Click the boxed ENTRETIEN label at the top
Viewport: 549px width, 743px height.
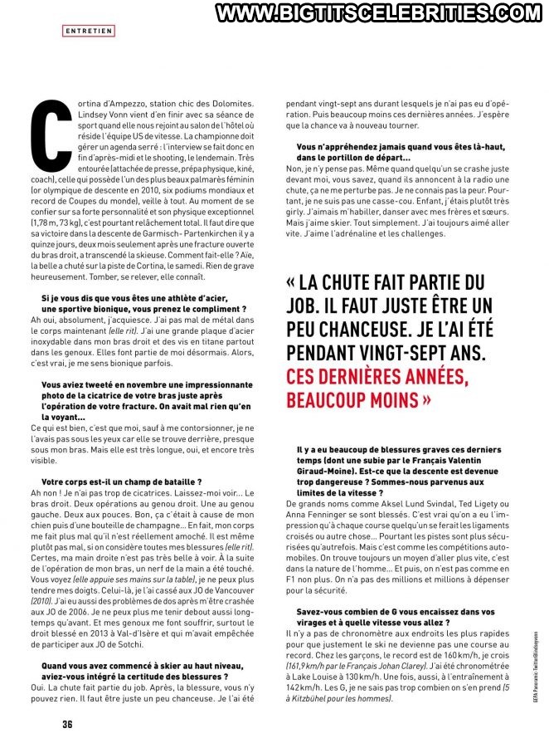click(x=89, y=31)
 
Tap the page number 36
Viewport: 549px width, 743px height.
click(x=69, y=723)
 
